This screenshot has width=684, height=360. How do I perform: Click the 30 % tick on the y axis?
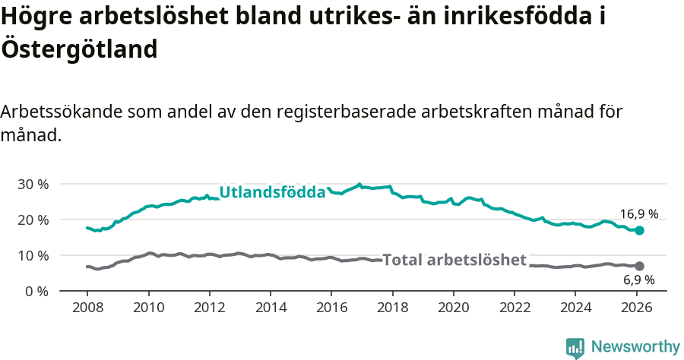(x=33, y=185)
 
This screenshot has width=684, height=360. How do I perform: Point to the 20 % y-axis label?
(x=33, y=220)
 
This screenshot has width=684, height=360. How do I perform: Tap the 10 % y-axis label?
(x=33, y=256)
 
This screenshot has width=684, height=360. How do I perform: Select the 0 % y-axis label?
(x=36, y=292)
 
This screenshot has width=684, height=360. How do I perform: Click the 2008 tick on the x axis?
(x=87, y=308)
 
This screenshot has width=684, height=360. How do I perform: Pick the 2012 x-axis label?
(x=209, y=308)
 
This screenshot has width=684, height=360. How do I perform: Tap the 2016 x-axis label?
(x=331, y=308)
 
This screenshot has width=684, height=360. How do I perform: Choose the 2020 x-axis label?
(x=453, y=308)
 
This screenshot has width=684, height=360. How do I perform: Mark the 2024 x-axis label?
(x=575, y=308)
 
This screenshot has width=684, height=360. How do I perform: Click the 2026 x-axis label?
(x=636, y=308)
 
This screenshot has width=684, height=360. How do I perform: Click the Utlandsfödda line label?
(x=272, y=193)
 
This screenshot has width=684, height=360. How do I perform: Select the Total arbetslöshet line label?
(x=454, y=261)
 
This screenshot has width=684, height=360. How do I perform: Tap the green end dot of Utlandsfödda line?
(x=639, y=230)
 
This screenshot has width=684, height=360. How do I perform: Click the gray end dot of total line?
(x=639, y=266)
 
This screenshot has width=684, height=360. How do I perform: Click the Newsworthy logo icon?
(x=575, y=347)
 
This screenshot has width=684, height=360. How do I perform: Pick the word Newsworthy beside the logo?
(x=635, y=347)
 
